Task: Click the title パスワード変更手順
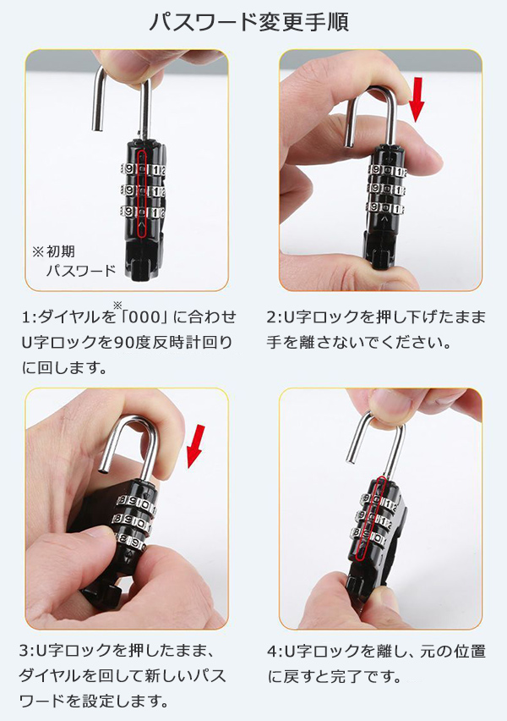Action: [x=249, y=22]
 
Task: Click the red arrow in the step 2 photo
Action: [x=417, y=100]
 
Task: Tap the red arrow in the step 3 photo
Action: [x=196, y=447]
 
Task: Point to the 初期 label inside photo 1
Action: [x=60, y=251]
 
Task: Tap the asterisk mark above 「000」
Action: [x=117, y=305]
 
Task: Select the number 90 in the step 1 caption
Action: [x=123, y=342]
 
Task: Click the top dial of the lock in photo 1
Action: [x=142, y=169]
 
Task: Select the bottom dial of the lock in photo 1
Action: [x=142, y=212]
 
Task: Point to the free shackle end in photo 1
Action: [x=97, y=128]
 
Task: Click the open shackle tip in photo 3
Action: [x=103, y=470]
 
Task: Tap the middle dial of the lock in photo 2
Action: [x=386, y=189]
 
